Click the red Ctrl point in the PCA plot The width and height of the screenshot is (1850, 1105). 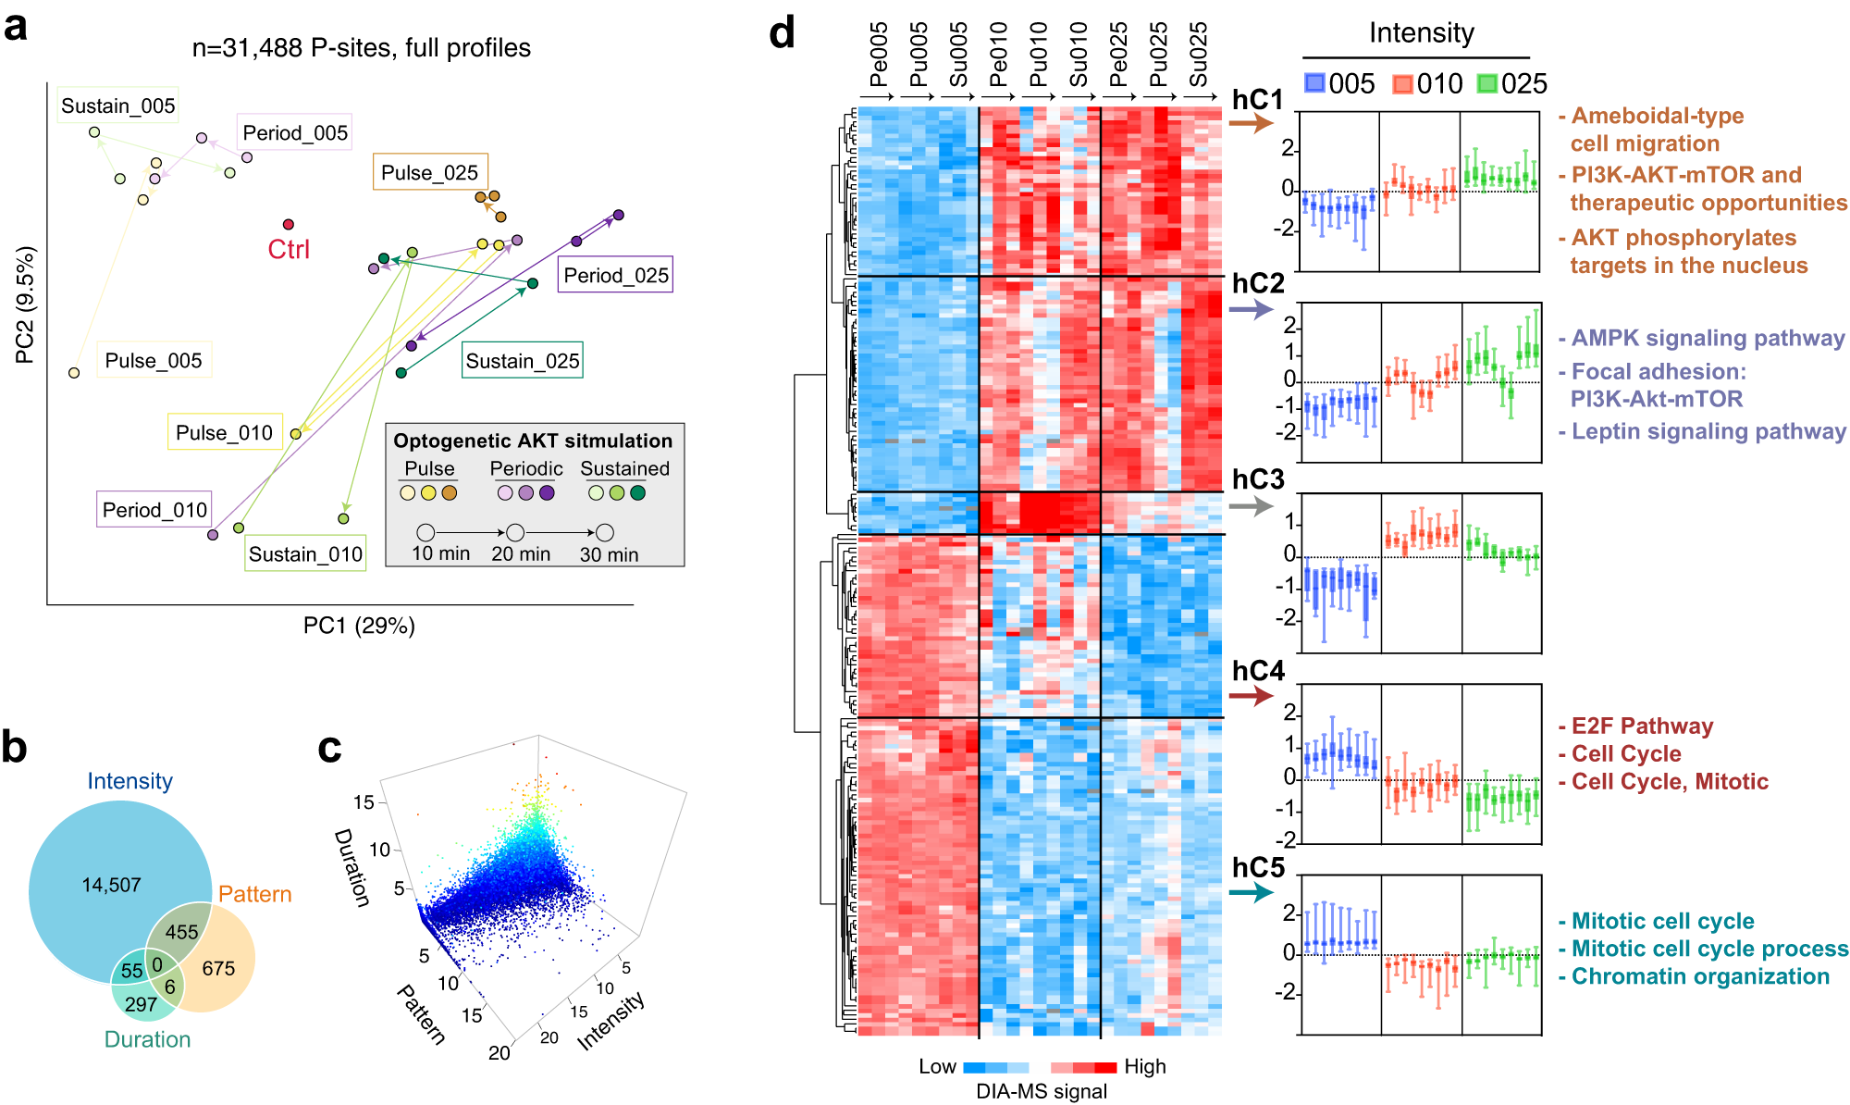[x=289, y=225]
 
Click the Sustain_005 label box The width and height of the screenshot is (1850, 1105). [x=117, y=106]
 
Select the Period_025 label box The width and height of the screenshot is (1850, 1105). [x=615, y=276]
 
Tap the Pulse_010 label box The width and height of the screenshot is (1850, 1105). [x=224, y=433]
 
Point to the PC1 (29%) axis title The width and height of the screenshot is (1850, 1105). [x=359, y=627]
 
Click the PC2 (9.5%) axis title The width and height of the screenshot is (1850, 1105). [x=25, y=304]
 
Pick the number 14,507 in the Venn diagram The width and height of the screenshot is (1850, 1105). [x=111, y=886]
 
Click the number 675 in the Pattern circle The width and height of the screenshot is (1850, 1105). [x=218, y=969]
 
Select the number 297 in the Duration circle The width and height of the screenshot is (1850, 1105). [x=141, y=1004]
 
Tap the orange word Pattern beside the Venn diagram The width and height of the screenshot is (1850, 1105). [x=254, y=895]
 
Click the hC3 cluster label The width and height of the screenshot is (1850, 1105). [x=1258, y=479]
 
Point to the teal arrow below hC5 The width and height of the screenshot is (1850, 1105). [x=1251, y=893]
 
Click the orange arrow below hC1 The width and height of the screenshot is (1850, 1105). [x=1251, y=123]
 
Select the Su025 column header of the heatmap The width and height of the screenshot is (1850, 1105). [x=1199, y=56]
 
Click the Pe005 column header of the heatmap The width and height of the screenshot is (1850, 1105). [x=879, y=56]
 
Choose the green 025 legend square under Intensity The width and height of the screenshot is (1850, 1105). [x=1487, y=84]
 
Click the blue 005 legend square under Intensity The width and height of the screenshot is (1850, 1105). [x=1314, y=83]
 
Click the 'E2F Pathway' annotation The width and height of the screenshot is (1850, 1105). [x=1642, y=726]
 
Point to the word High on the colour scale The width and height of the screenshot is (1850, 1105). [x=1144, y=1067]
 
